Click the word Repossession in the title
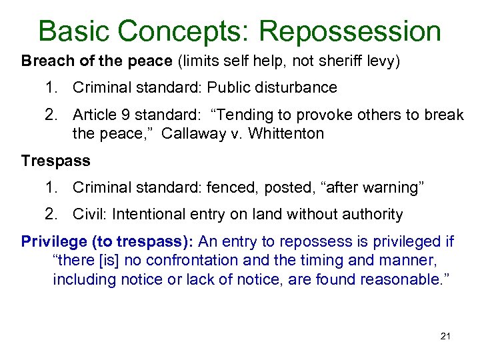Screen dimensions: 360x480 tap(350, 31)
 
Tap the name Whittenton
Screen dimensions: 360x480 tap(276, 133)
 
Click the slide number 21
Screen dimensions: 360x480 tap(445, 336)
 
